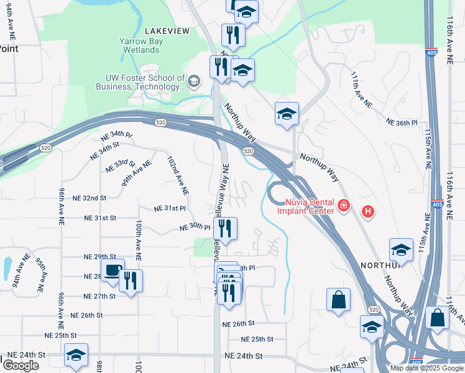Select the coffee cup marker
coord(113,270)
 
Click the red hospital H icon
coord(368,212)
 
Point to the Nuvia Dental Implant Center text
coord(309,206)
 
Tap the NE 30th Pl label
coord(195,228)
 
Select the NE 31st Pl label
coord(170,208)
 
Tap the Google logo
coord(21,366)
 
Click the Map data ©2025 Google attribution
coord(426,368)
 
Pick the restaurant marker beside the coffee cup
coord(131,281)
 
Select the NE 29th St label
coord(100,257)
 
